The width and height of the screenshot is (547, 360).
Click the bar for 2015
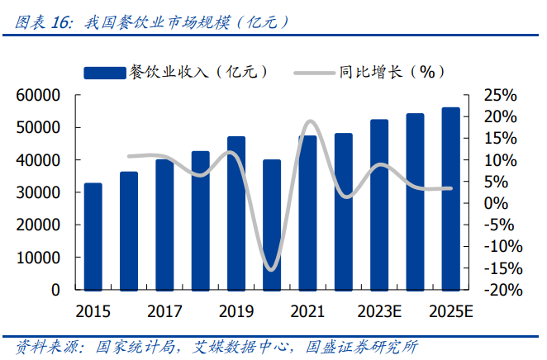pos(93,236)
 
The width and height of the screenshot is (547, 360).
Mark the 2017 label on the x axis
pos(164,312)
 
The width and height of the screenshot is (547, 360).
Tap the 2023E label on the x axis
pos(379,312)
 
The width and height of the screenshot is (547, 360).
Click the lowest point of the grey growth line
pos(271,268)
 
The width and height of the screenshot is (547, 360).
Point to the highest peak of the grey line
pos(310,121)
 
